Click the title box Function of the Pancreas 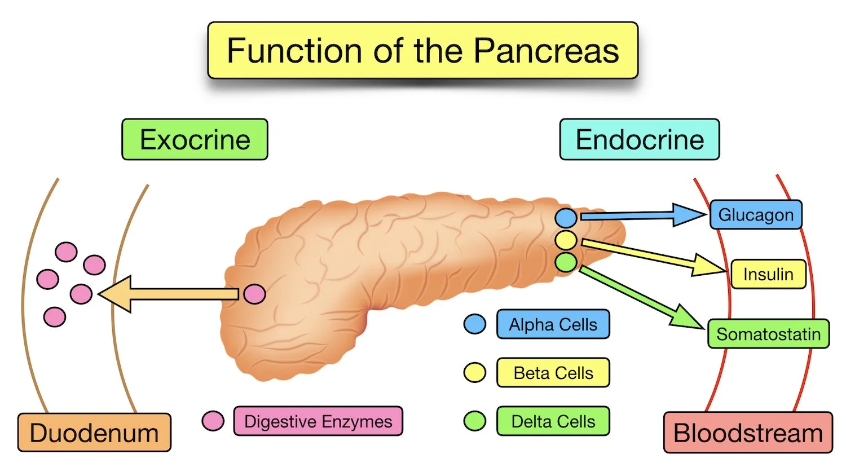pos(422,51)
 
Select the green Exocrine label pos(195,139)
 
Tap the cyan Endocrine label pos(639,139)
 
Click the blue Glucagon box pos(755,215)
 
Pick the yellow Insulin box pos(768,274)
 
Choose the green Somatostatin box pos(768,334)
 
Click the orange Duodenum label pos(94,433)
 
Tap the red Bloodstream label pos(748,433)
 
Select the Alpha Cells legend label pos(553,324)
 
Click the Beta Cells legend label pos(553,373)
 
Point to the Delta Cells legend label pos(553,421)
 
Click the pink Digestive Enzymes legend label pos(318,421)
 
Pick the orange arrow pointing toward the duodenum pos(169,294)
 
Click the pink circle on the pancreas pos(254,294)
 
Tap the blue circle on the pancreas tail pos(566,218)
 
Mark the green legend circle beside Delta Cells pos(474,421)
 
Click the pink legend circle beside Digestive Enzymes pos(213,421)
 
